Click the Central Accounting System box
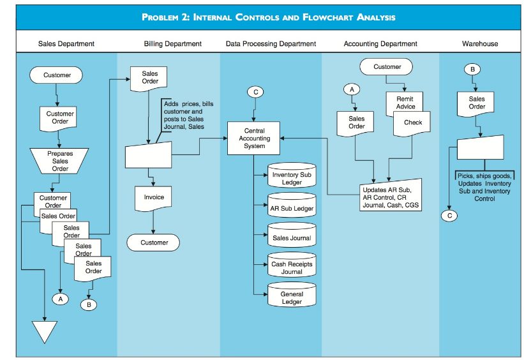[253, 138]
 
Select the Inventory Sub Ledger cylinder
[292, 175]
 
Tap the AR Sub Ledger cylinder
[292, 206]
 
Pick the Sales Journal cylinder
[292, 235]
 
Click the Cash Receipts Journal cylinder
[292, 265]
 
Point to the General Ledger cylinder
[292, 294]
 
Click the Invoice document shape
[153, 199]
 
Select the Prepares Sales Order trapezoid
[59, 161]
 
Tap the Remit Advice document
[405, 102]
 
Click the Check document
[412, 124]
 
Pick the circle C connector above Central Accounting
[256, 92]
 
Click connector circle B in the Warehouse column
[472, 69]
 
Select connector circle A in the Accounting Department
[352, 89]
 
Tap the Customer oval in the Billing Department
[153, 243]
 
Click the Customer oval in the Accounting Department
[386, 66]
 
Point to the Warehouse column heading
[480, 43]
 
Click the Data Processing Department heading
[271, 43]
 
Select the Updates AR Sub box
[391, 195]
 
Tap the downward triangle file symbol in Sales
[45, 331]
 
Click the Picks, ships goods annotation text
[484, 187]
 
